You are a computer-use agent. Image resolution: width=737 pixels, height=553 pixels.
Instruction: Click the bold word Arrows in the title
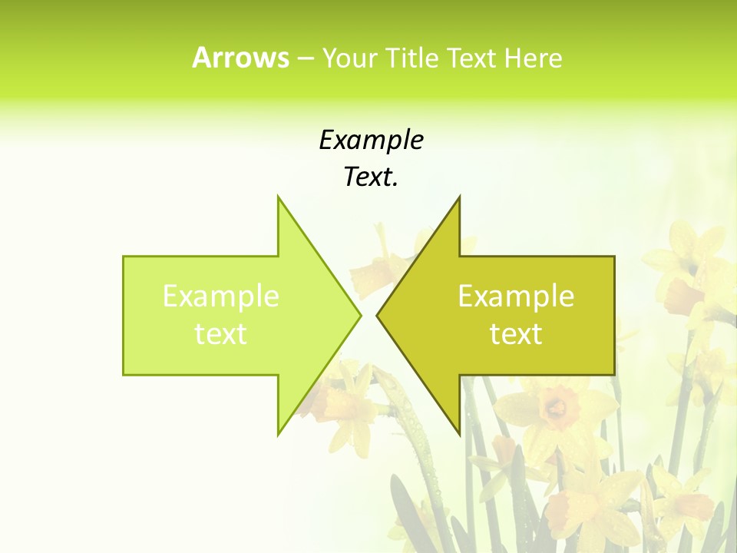coord(240,58)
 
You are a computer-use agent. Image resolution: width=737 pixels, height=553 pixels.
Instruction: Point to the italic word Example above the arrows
coord(371,141)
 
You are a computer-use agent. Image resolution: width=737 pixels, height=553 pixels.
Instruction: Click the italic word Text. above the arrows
coord(371,177)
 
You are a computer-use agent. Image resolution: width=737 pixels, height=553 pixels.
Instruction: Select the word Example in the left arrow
coord(220,296)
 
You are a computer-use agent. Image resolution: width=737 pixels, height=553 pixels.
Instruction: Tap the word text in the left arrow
coord(220,333)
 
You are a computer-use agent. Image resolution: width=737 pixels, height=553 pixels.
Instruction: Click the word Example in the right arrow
coord(516,296)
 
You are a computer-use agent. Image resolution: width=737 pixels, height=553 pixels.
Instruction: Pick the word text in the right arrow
coord(516,333)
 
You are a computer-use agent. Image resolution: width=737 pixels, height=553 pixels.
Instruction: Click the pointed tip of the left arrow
coord(360,315)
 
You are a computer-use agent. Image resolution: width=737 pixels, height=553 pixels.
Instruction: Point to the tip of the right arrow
coord(377,315)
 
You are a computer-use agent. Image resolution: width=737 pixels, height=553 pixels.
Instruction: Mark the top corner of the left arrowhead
coord(279,197)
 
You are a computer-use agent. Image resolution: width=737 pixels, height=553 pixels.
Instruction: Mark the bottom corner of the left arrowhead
coord(279,434)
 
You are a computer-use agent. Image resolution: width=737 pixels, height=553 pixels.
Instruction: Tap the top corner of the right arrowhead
coord(459,197)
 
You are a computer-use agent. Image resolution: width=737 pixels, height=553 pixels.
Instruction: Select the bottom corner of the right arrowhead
coord(459,434)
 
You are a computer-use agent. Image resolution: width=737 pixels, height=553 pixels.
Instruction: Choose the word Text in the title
coord(475,58)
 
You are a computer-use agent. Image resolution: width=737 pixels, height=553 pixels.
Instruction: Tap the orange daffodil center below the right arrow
coord(554,406)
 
